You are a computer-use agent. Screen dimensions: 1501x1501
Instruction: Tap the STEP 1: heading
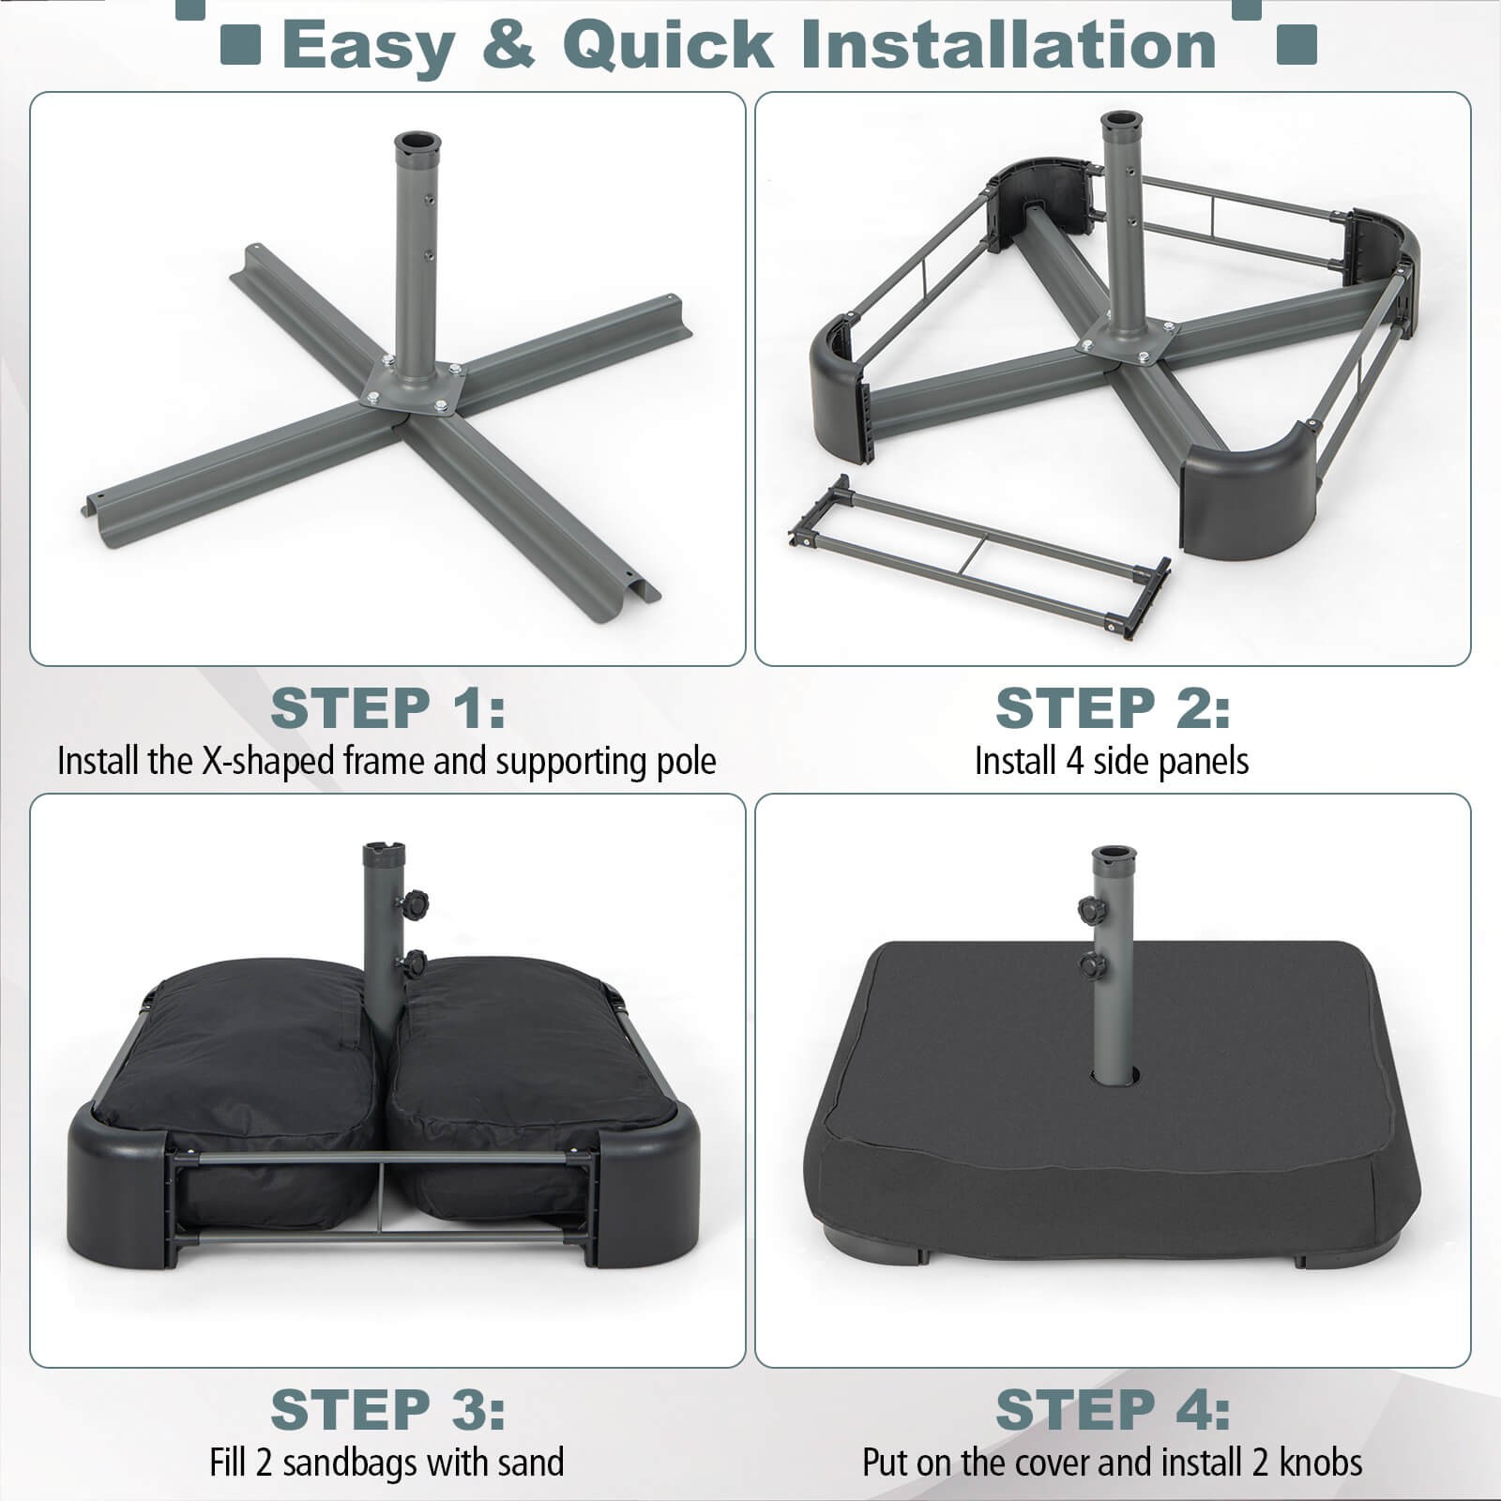[387, 708]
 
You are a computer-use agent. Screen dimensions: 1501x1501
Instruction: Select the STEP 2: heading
[1112, 708]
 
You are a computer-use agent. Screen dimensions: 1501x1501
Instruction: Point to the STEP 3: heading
[387, 1410]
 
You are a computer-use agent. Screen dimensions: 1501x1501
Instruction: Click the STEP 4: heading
[1112, 1410]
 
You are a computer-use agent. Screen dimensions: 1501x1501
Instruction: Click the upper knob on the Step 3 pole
[414, 906]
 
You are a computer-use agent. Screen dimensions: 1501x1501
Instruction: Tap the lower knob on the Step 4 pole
[1091, 965]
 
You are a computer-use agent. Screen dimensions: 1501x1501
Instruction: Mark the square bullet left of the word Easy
[240, 45]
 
